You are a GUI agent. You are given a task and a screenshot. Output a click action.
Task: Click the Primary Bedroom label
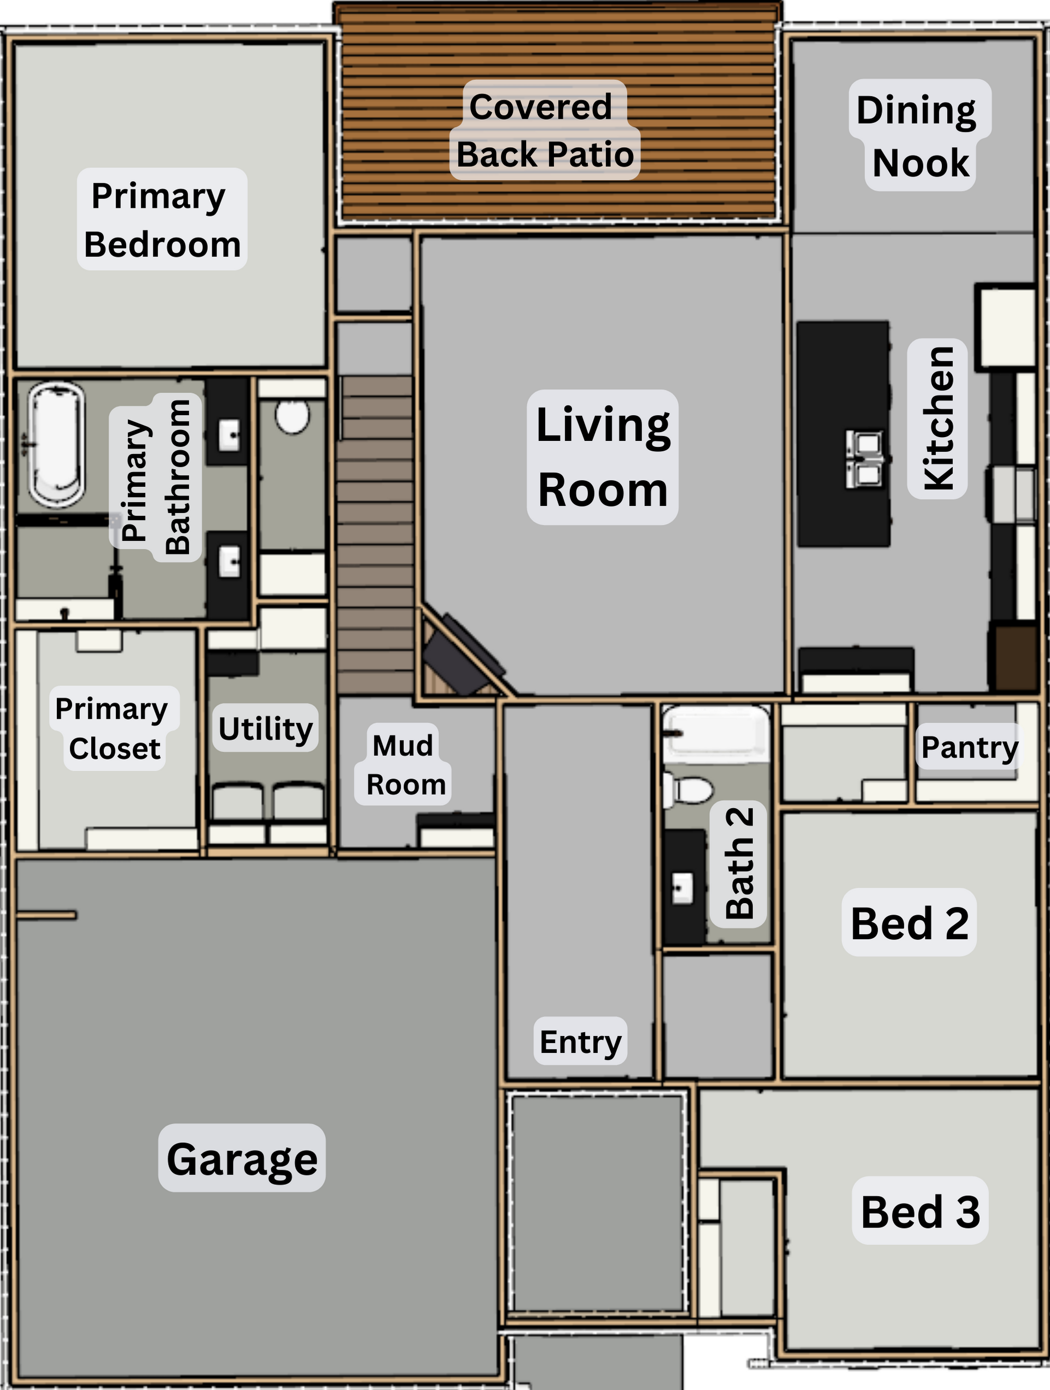click(162, 219)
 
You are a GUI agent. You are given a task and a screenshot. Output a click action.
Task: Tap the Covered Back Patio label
click(544, 130)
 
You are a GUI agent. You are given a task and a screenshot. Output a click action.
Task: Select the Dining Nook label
click(919, 135)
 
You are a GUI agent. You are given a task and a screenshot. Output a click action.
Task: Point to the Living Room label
click(603, 457)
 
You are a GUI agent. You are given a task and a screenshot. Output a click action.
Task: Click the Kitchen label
click(937, 418)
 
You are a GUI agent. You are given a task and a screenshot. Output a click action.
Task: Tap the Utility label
click(265, 728)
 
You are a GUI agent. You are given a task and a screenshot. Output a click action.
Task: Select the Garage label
click(242, 1159)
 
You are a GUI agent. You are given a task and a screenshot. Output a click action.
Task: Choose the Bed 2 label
click(909, 922)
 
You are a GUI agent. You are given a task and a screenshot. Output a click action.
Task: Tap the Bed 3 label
click(920, 1211)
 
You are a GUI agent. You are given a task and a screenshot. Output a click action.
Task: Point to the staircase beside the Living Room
click(375, 534)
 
